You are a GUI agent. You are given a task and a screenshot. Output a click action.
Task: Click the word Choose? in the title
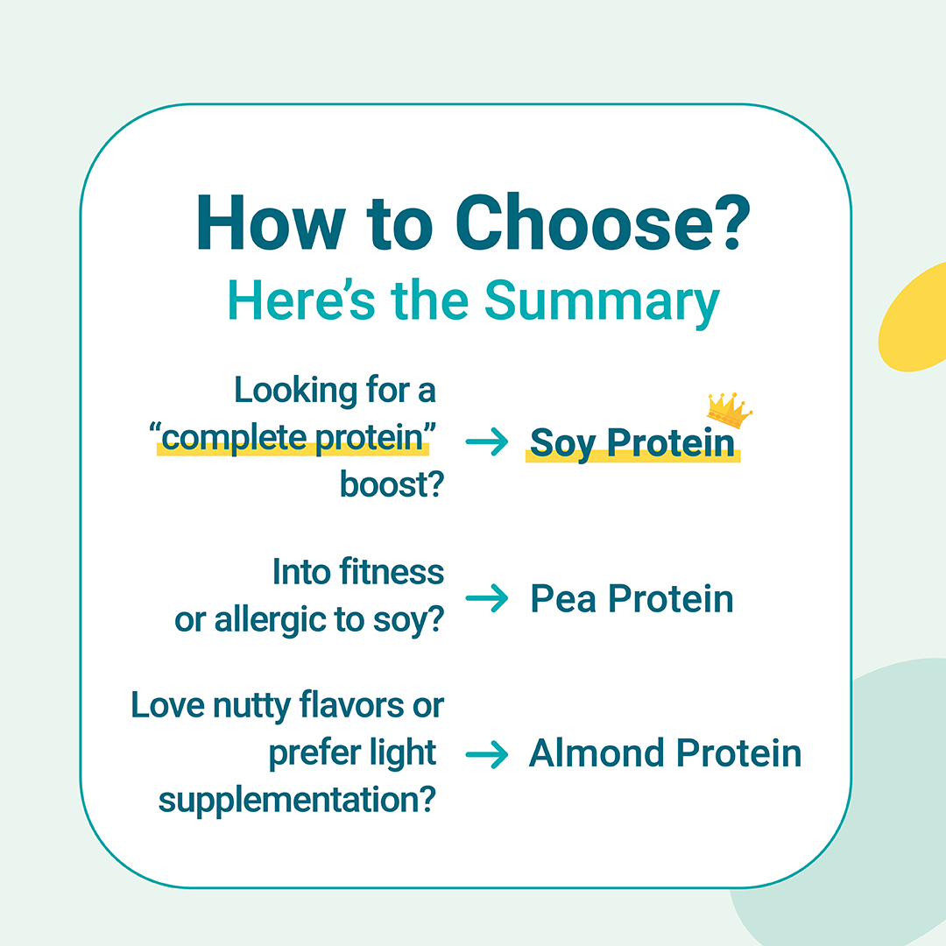point(603,222)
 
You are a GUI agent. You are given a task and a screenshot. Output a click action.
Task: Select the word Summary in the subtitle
point(602,301)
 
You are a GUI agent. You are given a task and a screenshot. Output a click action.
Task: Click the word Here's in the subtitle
point(301,300)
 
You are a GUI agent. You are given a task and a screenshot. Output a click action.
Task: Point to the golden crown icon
point(729,410)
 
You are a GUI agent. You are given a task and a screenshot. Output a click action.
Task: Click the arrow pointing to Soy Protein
point(487,441)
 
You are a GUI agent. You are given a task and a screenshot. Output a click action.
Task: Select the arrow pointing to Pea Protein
point(487,598)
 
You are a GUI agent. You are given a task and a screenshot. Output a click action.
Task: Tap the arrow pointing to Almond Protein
point(487,754)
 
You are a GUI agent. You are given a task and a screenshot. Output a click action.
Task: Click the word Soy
point(562,444)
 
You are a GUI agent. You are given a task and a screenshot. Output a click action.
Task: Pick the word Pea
point(563,599)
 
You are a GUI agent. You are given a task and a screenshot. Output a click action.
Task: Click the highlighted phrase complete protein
point(293,438)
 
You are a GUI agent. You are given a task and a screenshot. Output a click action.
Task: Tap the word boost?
point(392,484)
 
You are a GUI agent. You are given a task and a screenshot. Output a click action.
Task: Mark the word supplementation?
point(297,801)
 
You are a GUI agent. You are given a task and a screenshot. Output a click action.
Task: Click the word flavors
point(352,704)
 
